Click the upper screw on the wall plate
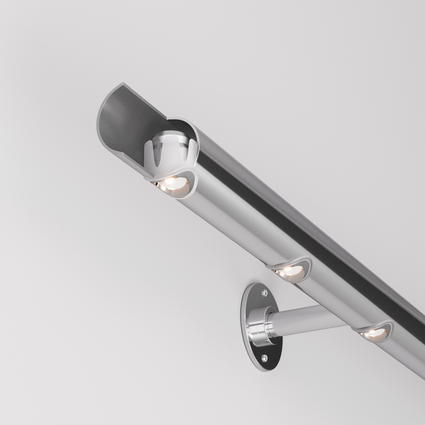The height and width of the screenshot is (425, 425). point(264,293)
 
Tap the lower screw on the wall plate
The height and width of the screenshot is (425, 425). point(264,357)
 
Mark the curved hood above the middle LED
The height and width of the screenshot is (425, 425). point(295,263)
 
